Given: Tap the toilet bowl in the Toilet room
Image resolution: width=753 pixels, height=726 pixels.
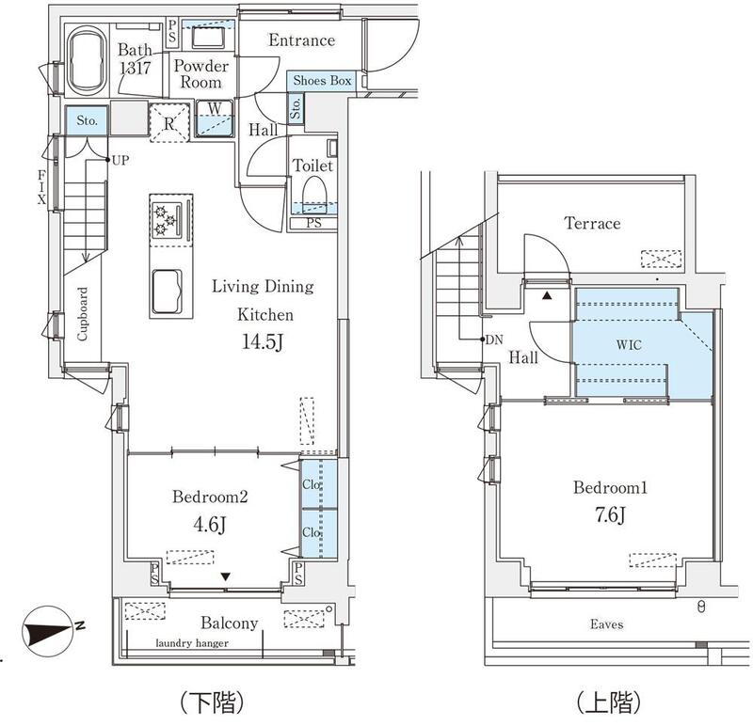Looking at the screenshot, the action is tap(314, 194).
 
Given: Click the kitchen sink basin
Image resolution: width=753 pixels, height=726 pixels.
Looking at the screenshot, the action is tap(168, 292).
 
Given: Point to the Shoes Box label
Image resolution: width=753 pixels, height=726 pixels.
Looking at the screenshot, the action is tap(322, 81).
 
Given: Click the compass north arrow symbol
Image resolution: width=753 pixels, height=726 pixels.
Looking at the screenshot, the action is tap(48, 631).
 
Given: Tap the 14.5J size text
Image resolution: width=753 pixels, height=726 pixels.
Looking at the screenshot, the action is tap(263, 341).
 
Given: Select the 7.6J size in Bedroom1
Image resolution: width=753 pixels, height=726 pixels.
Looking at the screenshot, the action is tap(610, 514).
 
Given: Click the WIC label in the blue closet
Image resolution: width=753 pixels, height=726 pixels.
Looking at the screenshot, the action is tap(629, 344).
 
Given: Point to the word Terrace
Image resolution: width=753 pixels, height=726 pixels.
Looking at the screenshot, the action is tap(592, 223).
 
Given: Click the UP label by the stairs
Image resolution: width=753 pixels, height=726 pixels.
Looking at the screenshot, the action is tap(120, 160).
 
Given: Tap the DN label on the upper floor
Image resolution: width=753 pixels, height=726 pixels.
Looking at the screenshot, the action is tap(494, 339).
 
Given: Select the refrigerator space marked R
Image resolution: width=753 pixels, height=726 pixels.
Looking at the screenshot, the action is tap(169, 122).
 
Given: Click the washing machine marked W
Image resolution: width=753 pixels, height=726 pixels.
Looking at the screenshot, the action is tap(215, 118).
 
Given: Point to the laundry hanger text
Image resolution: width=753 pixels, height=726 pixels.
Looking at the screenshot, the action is tap(192, 643).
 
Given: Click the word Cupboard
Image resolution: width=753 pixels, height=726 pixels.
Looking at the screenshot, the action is tap(83, 314).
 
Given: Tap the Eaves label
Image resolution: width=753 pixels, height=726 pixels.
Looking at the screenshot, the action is tap(606, 623).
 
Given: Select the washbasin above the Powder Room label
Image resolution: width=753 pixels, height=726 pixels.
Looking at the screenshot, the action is tap(209, 38).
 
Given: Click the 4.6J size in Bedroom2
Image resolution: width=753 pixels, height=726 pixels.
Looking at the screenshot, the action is tap(209, 525).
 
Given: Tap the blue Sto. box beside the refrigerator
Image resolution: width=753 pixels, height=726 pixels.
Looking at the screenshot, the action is tap(87, 120).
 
